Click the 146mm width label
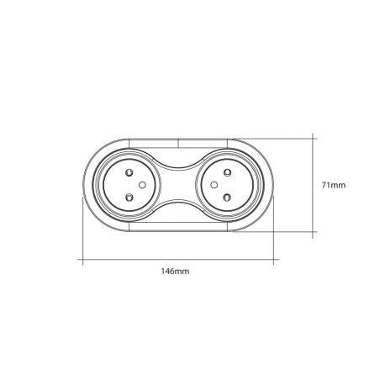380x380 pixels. pyautogui.click(x=175, y=272)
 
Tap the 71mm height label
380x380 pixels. pyautogui.click(x=334, y=185)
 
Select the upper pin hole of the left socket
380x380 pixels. pyautogui.click(x=129, y=172)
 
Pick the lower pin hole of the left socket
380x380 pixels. pyautogui.click(x=129, y=198)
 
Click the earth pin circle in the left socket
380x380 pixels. pyautogui.click(x=142, y=185)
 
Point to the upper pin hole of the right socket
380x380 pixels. pyautogui.click(x=227, y=172)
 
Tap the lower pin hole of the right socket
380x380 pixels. pyautogui.click(x=227, y=198)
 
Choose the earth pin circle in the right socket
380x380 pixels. pyautogui.click(x=214, y=185)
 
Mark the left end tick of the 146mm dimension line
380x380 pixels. pyautogui.click(x=82, y=260)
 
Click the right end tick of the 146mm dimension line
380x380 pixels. pyautogui.click(x=273, y=260)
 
